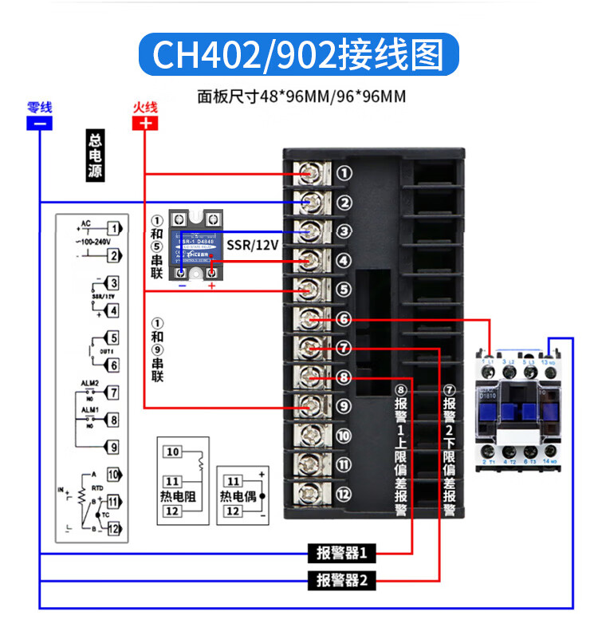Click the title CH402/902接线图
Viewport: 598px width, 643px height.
tap(299, 55)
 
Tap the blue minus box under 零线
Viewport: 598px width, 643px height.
tap(39, 123)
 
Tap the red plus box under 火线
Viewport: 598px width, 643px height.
tap(145, 123)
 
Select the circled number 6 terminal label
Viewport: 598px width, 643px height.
tap(344, 319)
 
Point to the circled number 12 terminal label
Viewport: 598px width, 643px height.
tap(344, 495)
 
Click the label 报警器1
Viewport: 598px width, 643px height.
tap(341, 553)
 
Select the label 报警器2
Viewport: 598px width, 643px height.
tap(341, 580)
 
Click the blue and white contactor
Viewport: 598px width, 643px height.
tap(519, 407)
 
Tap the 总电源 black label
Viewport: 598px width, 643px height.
tap(96, 156)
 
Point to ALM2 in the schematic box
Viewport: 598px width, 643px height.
tap(89, 384)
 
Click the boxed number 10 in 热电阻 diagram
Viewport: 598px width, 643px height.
tap(173, 452)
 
